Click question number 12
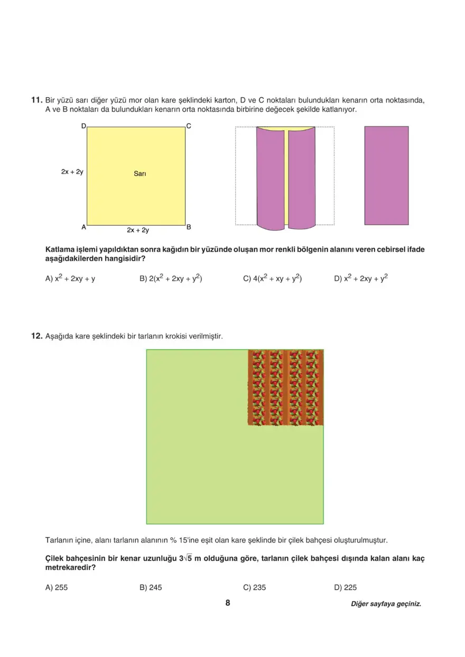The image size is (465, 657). pyautogui.click(x=36, y=336)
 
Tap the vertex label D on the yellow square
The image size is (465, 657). pyautogui.click(x=83, y=126)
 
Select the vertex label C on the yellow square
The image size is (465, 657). pyautogui.click(x=189, y=126)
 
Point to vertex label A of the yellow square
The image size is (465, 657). pyautogui.click(x=83, y=227)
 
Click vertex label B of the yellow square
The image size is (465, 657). pyautogui.click(x=189, y=227)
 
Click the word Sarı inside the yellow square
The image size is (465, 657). pyautogui.click(x=139, y=174)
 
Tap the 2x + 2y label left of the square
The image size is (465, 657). pyautogui.click(x=72, y=172)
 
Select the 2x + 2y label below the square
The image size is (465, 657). pyautogui.click(x=138, y=231)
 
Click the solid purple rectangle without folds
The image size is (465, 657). pyautogui.click(x=386, y=175)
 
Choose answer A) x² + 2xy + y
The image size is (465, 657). pyautogui.click(x=71, y=278)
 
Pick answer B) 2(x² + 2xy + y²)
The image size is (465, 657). pyautogui.click(x=171, y=278)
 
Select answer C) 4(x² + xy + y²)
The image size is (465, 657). pyautogui.click(x=272, y=278)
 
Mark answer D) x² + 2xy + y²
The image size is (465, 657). pyautogui.click(x=361, y=278)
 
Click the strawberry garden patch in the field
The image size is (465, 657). pyautogui.click(x=286, y=387)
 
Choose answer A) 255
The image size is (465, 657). pyautogui.click(x=57, y=587)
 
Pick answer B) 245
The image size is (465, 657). pyautogui.click(x=151, y=587)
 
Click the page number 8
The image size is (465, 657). pyautogui.click(x=228, y=603)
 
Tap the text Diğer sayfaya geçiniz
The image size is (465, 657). pyautogui.click(x=386, y=604)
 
